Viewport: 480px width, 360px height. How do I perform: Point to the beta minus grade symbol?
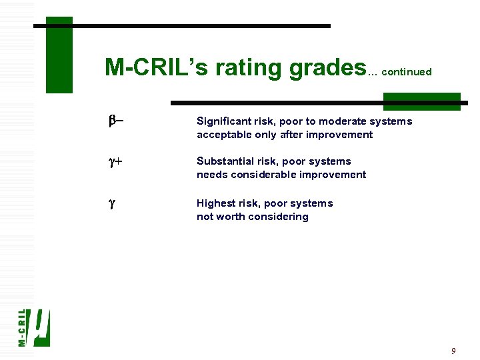pyautogui.click(x=115, y=121)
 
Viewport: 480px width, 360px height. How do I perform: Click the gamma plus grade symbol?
pyautogui.click(x=115, y=161)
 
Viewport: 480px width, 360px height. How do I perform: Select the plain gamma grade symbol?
pyautogui.click(x=111, y=203)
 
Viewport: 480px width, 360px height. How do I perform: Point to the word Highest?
pyautogui.click(x=216, y=203)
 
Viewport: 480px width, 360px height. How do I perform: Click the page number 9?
pyautogui.click(x=453, y=351)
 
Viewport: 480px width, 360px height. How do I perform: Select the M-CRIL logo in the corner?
pyautogui.click(x=33, y=327)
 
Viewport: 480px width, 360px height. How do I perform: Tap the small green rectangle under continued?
pyautogui.click(x=421, y=101)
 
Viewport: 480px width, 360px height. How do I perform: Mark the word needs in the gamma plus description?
pyautogui.click(x=211, y=175)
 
